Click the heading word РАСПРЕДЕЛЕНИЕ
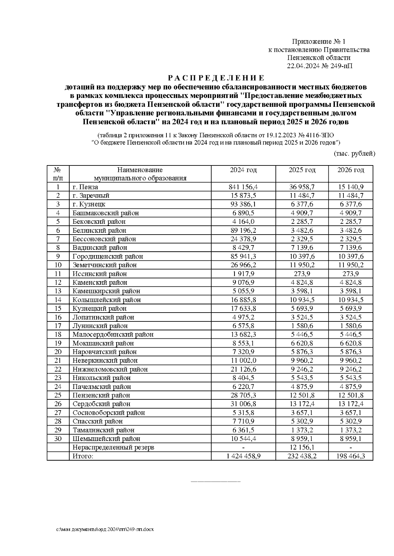(x=216, y=78)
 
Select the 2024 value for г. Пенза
(x=243, y=187)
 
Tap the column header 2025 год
(x=302, y=170)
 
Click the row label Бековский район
(x=99, y=221)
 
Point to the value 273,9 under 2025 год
(x=302, y=274)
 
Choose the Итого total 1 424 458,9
(x=243, y=456)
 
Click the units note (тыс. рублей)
(x=354, y=153)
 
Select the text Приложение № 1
(x=319, y=42)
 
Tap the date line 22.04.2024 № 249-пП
(x=320, y=66)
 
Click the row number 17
(x=58, y=326)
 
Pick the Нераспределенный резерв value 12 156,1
(x=302, y=447)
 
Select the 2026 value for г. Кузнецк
(x=351, y=204)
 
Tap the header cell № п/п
(x=58, y=174)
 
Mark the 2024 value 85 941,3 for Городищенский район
(x=243, y=256)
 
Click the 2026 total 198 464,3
(x=351, y=456)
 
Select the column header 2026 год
(x=351, y=170)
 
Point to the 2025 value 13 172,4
(x=302, y=404)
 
